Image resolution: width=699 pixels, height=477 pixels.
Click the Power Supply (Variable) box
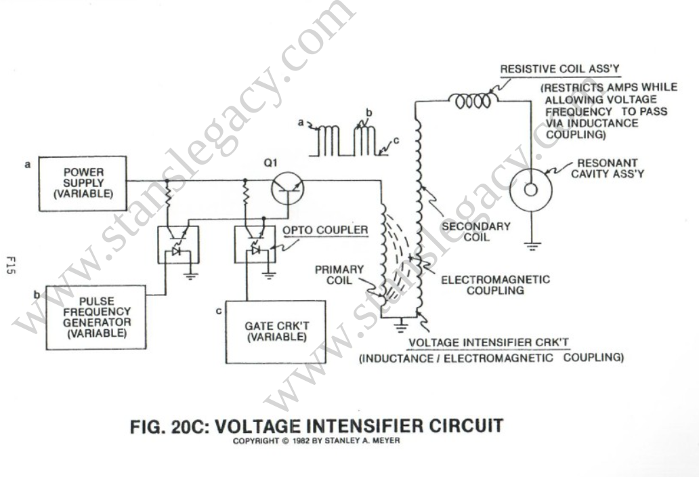click(83, 183)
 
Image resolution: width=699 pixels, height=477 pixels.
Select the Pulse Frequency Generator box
click(96, 317)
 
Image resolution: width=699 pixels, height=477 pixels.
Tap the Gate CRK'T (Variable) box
click(276, 332)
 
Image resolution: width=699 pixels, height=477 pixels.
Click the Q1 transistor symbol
click(288, 188)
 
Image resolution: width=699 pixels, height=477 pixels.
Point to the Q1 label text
click(270, 163)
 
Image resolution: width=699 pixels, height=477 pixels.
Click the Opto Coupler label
click(325, 230)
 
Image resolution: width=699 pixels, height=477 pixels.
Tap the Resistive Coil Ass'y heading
click(559, 69)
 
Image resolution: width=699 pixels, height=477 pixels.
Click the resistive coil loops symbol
click(473, 101)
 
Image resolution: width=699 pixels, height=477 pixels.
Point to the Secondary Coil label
click(476, 232)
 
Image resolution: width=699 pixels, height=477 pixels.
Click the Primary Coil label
click(339, 275)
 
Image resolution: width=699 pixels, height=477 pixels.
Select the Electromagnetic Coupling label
click(495, 285)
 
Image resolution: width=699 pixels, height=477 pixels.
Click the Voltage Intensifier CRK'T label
click(488, 343)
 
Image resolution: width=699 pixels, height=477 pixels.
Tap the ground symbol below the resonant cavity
click(532, 246)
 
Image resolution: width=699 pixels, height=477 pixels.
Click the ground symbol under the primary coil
click(401, 327)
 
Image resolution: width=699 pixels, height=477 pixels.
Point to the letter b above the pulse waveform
click(368, 113)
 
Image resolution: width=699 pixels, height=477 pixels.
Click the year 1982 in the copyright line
click(302, 441)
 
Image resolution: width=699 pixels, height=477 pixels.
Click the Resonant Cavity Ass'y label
click(608, 169)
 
